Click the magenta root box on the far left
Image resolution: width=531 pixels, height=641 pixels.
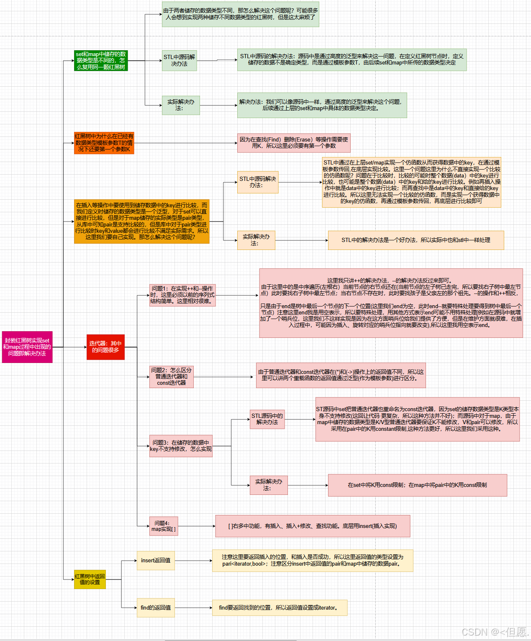tap(27, 347)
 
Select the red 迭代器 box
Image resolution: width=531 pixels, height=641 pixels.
tap(105, 347)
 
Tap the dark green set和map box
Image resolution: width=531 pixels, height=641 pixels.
tap(101, 61)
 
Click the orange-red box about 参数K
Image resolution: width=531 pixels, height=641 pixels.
tap(104, 143)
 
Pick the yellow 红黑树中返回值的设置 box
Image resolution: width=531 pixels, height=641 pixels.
tap(90, 579)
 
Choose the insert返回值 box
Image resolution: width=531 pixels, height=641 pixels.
tap(156, 561)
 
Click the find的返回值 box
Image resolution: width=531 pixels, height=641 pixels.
tap(156, 608)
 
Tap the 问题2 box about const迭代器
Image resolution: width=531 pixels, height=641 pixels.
tap(172, 376)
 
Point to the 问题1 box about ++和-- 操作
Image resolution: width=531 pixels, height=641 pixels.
tap(182, 295)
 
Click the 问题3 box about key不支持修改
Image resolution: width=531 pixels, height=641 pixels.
tap(181, 446)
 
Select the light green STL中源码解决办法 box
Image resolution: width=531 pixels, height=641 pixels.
tap(179, 60)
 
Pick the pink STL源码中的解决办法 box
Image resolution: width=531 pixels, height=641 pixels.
tap(267, 419)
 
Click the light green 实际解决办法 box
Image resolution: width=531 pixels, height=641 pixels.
tap(181, 105)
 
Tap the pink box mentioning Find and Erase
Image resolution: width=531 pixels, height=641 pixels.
tap(294, 143)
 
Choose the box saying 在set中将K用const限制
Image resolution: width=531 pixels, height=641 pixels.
tap(417, 485)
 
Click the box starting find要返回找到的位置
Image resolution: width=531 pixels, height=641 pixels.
tap(280, 608)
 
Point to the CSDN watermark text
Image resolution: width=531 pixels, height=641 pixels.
tap(494, 632)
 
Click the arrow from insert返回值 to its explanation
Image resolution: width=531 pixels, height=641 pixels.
tap(193, 561)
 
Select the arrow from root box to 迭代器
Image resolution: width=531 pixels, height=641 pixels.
tap(69, 347)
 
